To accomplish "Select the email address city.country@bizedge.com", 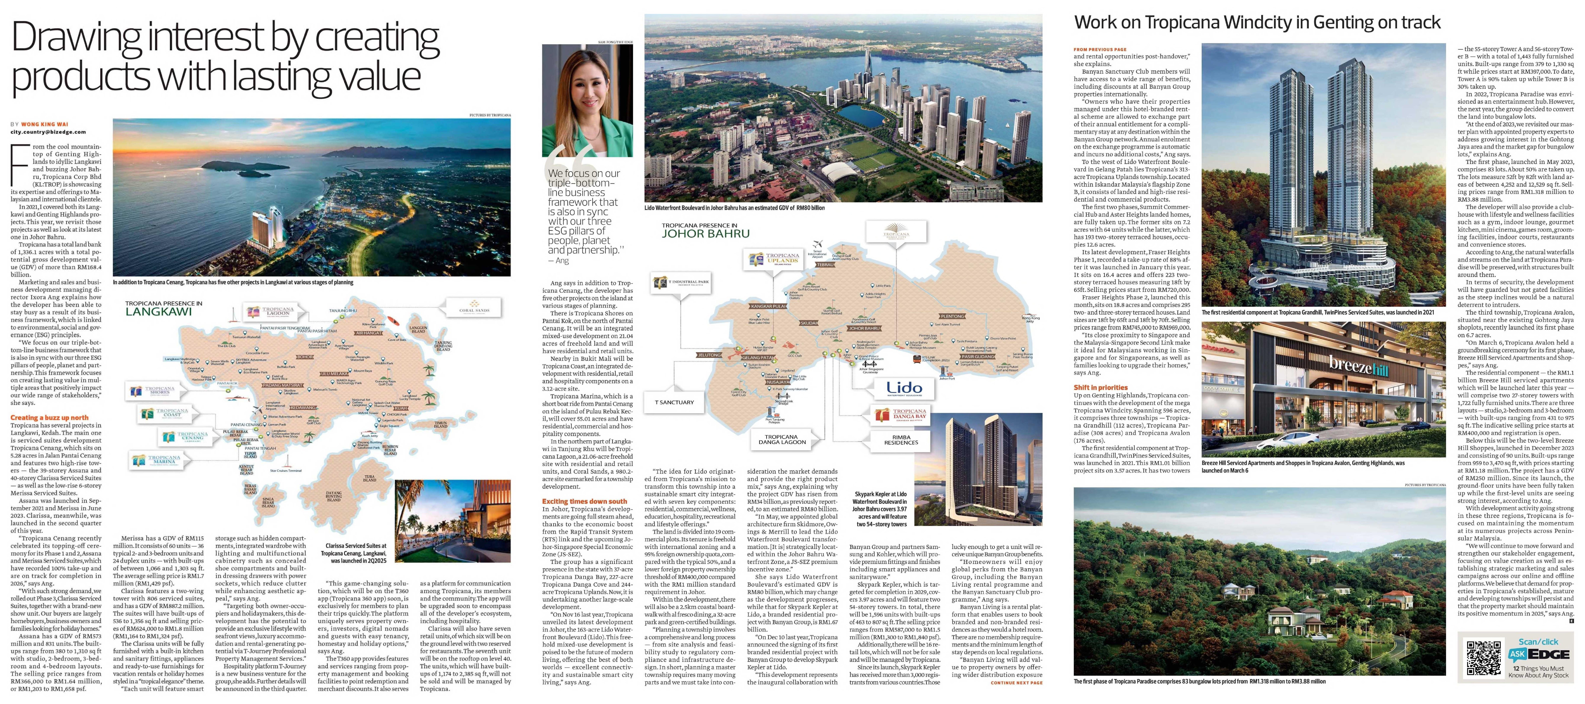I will click(48, 132).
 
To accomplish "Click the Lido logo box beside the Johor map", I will click(904, 388).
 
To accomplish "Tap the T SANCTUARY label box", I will click(674, 402).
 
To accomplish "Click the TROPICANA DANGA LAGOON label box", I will click(781, 439).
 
